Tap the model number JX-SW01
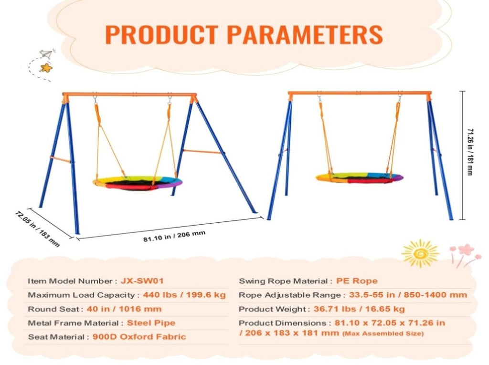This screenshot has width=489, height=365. (x=142, y=281)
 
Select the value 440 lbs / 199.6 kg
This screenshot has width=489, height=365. (x=184, y=295)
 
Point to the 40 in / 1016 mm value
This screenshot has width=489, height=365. (x=124, y=309)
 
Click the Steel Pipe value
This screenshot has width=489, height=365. (x=151, y=323)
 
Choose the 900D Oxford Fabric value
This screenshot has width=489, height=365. (x=139, y=337)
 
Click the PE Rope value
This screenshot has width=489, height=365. (x=357, y=281)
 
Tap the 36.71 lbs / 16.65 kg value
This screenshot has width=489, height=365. (x=359, y=309)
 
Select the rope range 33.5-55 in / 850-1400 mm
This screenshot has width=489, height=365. (x=408, y=295)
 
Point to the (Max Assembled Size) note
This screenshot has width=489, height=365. (x=383, y=334)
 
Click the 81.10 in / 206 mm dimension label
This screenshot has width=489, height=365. (x=174, y=236)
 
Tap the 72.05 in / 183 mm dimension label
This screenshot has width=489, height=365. (x=37, y=229)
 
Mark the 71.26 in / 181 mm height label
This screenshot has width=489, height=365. (x=470, y=152)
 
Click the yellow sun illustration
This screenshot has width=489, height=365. (x=420, y=253)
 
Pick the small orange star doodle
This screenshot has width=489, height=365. (x=46, y=68)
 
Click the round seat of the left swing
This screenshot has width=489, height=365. (x=138, y=183)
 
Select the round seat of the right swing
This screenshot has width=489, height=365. (x=359, y=177)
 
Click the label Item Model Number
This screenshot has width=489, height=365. (x=70, y=281)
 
